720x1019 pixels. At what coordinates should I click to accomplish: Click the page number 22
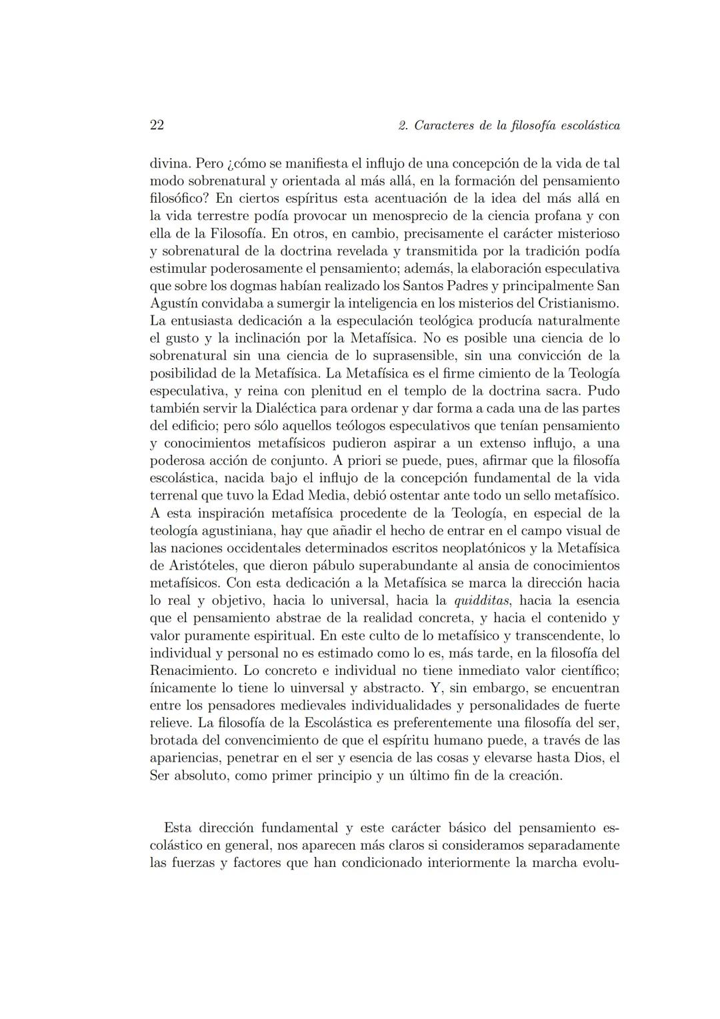point(157,125)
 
